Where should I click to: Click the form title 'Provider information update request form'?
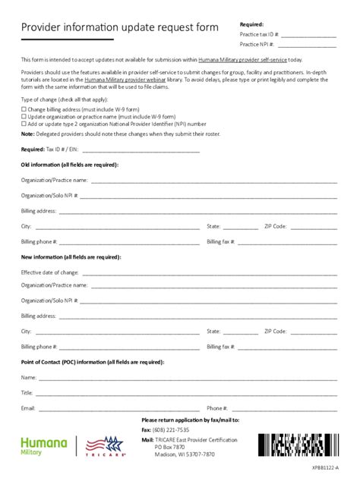point(119,27)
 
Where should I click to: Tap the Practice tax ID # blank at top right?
point(308,36)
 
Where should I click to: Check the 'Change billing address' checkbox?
point(24,110)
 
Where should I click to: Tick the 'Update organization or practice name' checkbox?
point(24,117)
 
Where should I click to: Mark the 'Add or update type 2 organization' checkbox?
point(24,124)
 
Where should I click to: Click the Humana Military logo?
point(43,445)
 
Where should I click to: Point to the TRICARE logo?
point(105,446)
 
